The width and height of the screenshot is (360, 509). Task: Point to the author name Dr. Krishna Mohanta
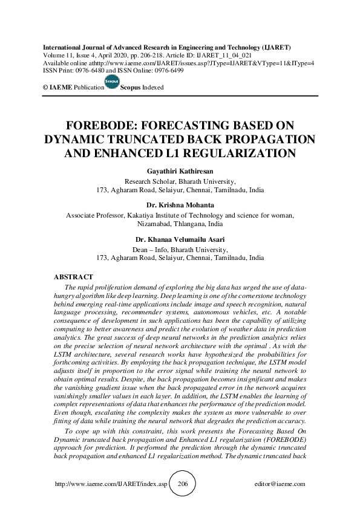pyautogui.click(x=180, y=206)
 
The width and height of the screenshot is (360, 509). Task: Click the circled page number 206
pyautogui.click(x=183, y=484)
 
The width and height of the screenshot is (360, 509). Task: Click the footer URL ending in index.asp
pyautogui.click(x=110, y=484)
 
